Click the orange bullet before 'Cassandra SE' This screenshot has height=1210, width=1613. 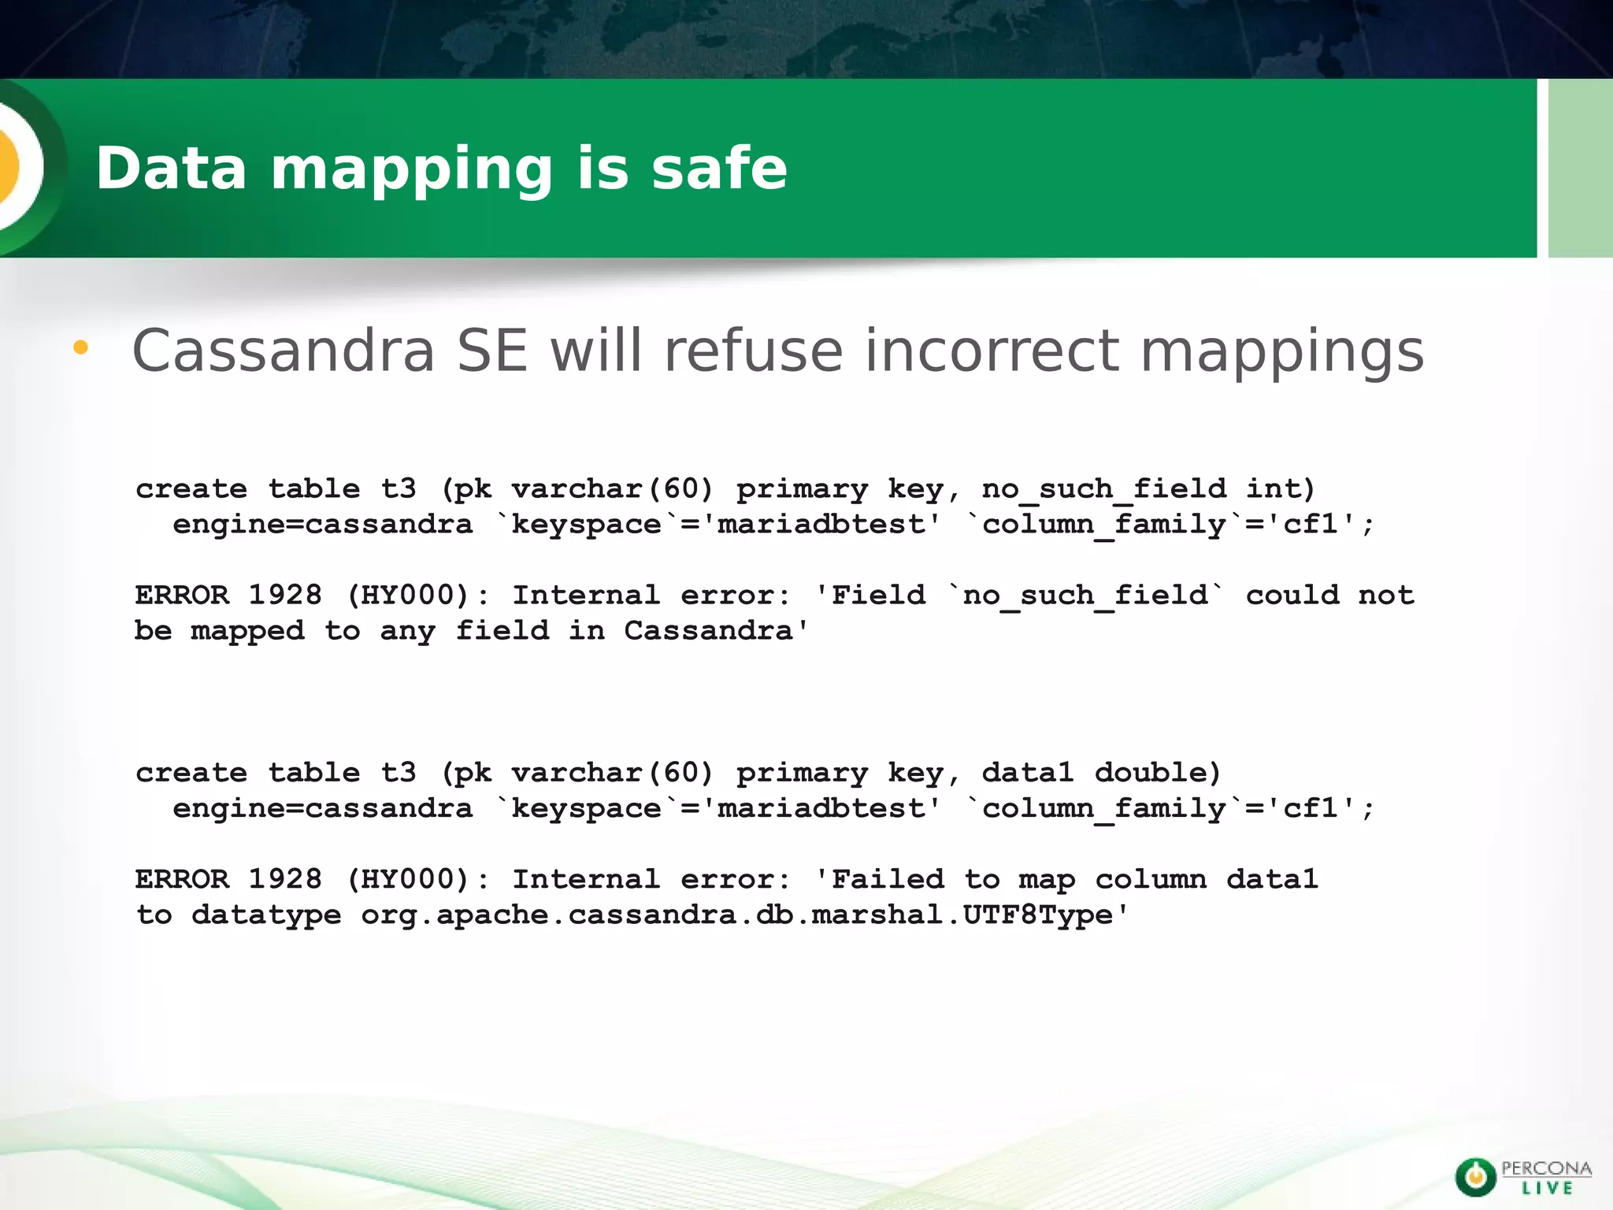80,347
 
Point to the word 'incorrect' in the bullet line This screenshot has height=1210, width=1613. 992,351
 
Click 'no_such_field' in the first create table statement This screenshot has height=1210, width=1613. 1103,489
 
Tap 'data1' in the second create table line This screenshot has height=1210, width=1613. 1027,772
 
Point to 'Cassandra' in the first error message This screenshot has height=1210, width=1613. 708,631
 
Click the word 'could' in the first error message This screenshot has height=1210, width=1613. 1292,595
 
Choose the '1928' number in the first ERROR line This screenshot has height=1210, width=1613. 284,595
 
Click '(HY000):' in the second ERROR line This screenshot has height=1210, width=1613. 417,879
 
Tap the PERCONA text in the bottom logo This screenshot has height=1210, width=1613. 1546,1169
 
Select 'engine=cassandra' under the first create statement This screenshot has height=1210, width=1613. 322,525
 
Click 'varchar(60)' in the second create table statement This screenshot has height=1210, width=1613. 612,772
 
